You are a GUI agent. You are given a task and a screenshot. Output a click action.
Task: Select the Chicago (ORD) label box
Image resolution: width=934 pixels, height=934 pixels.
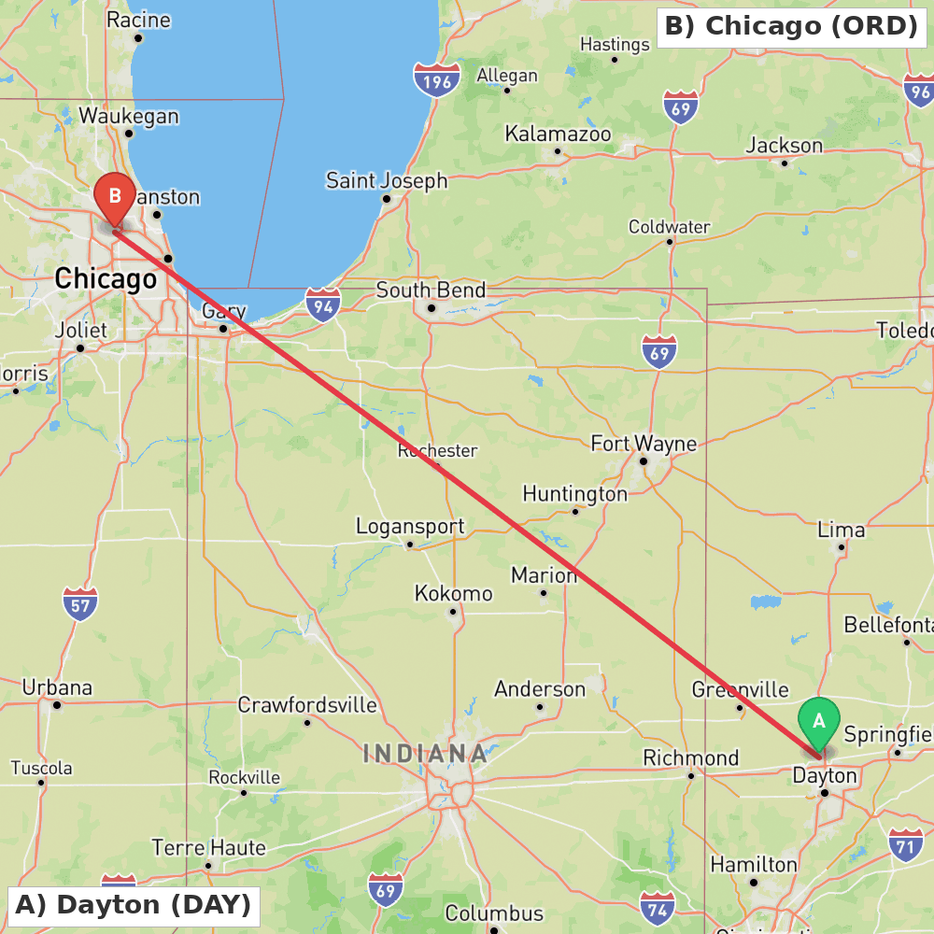pos(791,25)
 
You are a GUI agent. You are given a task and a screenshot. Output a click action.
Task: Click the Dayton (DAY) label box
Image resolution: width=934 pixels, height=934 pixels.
pos(133,904)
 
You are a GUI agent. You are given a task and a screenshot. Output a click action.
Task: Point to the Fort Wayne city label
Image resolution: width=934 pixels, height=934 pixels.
pos(644,443)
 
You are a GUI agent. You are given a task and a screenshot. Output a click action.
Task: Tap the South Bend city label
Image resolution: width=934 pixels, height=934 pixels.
pos(431,290)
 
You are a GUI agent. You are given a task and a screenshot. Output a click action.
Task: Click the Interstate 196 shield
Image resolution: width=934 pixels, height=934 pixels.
pos(437,79)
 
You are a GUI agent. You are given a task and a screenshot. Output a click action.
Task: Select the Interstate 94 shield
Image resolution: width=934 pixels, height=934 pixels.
pos(323,304)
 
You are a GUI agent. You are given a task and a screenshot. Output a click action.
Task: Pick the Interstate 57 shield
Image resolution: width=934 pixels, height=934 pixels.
pos(81,603)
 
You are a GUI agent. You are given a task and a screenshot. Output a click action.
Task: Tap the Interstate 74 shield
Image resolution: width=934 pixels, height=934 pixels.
pos(658,907)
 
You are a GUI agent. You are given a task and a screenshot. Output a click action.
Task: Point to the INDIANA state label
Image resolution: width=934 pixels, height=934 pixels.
pos(425,753)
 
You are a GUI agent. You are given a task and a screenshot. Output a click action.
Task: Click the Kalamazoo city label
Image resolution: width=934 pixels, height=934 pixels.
pos(558,134)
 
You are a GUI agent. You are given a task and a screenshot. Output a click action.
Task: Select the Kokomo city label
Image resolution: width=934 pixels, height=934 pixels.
pos(453,594)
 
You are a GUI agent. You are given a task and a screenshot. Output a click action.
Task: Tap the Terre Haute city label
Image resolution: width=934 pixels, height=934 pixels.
pos(208,848)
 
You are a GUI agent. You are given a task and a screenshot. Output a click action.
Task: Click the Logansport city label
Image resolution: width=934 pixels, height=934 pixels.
pos(410,527)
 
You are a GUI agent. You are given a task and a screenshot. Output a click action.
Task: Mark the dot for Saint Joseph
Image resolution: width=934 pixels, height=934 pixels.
pos(386,199)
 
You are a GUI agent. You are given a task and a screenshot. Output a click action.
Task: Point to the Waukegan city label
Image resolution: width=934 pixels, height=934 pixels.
pos(129,117)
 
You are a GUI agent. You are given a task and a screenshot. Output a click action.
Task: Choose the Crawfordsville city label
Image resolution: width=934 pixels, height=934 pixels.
pos(307,705)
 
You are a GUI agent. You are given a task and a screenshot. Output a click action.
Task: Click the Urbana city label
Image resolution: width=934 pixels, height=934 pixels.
pos(57,688)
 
